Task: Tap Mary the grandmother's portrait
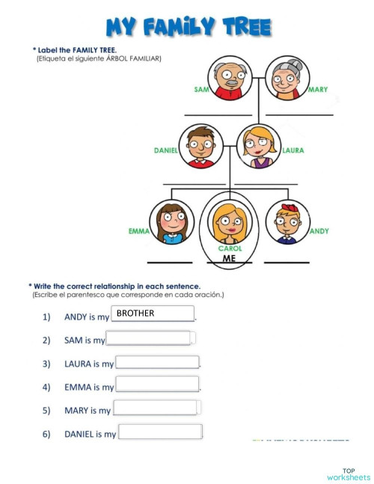(x=287, y=78)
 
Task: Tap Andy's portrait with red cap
(x=287, y=221)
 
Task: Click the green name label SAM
(x=201, y=90)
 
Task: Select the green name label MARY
(x=318, y=90)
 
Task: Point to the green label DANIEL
(x=166, y=150)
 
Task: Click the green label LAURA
(x=293, y=150)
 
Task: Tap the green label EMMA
(x=139, y=231)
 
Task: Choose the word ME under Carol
(x=230, y=259)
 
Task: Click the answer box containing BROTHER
(x=153, y=313)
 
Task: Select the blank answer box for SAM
(x=149, y=338)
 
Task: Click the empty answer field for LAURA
(x=157, y=362)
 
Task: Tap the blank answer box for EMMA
(x=157, y=385)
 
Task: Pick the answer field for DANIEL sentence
(x=160, y=432)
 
